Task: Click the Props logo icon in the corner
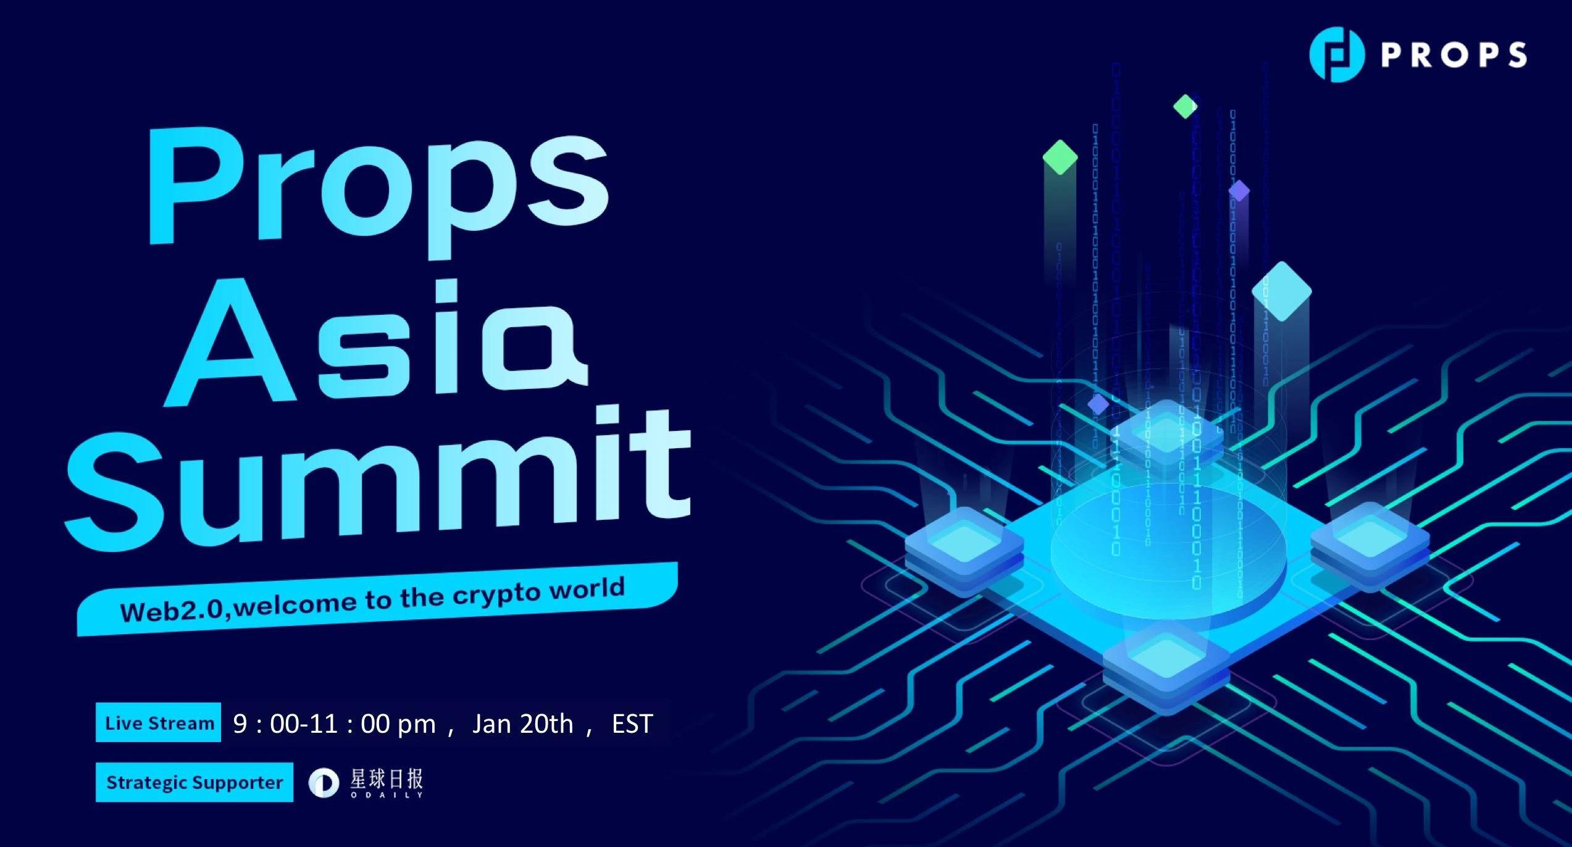[1336, 54]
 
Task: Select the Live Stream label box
[158, 722]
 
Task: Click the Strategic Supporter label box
[194, 782]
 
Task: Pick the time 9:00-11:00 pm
[334, 724]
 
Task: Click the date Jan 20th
[522, 724]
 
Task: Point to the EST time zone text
[632, 724]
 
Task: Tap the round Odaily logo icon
[324, 783]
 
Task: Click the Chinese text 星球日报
[387, 779]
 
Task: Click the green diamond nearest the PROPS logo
[1185, 106]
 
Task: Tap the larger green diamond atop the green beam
[1060, 157]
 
